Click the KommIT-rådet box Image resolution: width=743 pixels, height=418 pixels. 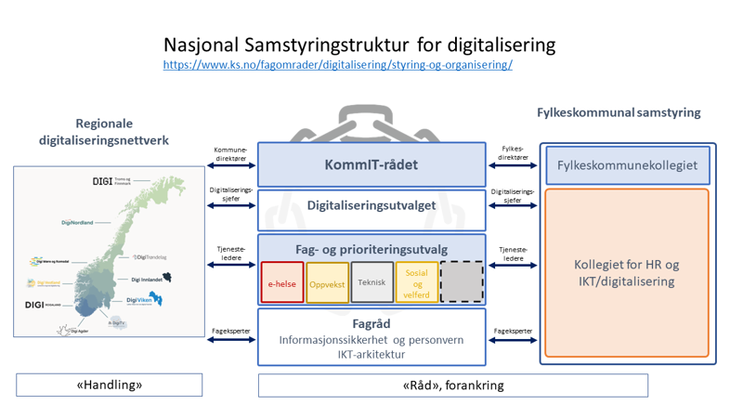tap(371, 165)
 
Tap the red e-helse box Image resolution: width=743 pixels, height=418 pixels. tap(282, 283)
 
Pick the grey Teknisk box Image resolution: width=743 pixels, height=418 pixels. tap(371, 283)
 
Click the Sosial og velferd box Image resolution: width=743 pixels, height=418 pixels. tap(416, 283)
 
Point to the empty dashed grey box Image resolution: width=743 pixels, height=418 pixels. tap(462, 283)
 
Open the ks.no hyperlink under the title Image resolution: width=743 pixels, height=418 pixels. tap(337, 65)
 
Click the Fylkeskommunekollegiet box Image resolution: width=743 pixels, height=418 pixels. tap(627, 165)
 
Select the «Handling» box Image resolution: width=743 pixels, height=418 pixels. tap(109, 385)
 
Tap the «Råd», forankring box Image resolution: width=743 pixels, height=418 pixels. tap(371, 385)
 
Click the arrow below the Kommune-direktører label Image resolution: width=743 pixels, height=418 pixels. tap(230, 167)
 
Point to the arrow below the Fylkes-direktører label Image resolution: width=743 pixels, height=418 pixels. tap(512, 167)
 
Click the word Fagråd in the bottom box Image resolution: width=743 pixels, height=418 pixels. tap(371, 324)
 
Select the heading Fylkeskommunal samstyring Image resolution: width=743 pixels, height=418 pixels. tap(619, 112)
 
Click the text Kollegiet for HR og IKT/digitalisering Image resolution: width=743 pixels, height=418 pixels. tap(627, 272)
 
